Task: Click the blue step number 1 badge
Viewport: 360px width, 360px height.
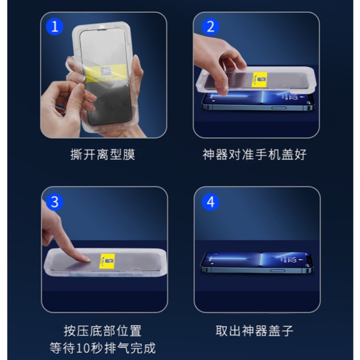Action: (x=55, y=27)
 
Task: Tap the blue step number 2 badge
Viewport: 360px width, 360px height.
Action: (x=211, y=27)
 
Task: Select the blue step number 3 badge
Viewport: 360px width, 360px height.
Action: (x=55, y=201)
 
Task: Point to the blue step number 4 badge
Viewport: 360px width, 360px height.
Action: (x=211, y=201)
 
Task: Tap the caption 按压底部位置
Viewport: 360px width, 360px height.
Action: (x=103, y=331)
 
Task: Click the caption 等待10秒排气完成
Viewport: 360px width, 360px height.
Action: (x=103, y=348)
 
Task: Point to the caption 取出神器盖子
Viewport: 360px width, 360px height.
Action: (x=255, y=331)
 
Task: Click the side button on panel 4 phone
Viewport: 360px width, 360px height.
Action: (x=277, y=270)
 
